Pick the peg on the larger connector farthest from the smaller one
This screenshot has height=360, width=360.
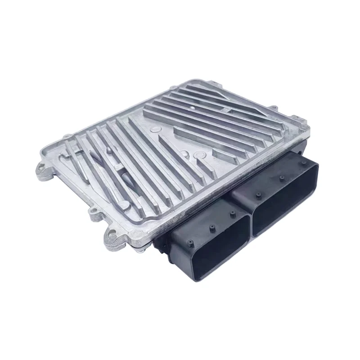pos(305,163)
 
